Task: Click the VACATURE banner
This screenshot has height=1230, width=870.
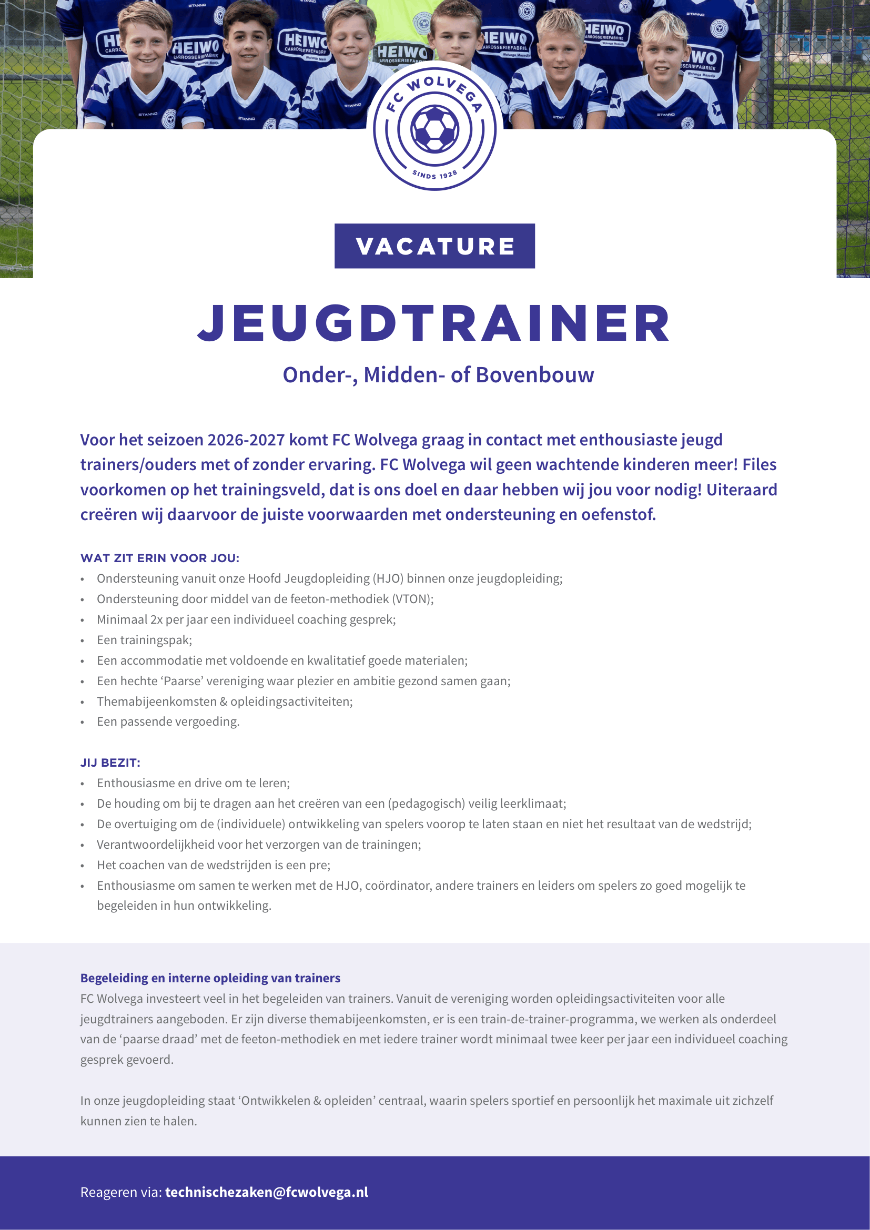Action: coord(434,246)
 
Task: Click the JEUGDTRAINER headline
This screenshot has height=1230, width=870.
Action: coord(434,323)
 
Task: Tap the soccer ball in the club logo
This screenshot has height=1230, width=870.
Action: coord(434,128)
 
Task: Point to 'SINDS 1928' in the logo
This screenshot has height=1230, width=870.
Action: coord(434,175)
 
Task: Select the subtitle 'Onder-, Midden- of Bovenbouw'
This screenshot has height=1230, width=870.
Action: coord(438,375)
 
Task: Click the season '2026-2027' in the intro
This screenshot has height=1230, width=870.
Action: coord(246,440)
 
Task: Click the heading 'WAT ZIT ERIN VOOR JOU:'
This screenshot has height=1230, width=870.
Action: coord(160,558)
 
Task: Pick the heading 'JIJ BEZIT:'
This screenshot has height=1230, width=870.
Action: coord(110,763)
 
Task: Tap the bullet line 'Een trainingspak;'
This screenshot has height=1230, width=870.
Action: coord(144,640)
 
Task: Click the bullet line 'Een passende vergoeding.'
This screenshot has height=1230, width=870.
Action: coord(168,721)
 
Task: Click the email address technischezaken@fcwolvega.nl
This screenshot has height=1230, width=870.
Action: coord(266,1192)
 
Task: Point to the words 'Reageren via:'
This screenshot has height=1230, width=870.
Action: coord(121,1192)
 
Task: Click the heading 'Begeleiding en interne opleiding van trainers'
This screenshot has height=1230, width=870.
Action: coord(210,978)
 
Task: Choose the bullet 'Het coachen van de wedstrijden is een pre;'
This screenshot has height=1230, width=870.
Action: coord(213,865)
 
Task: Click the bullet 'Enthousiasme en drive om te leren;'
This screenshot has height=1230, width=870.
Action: coord(193,782)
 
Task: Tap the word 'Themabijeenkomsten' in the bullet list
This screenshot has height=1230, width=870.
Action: coord(156,702)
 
